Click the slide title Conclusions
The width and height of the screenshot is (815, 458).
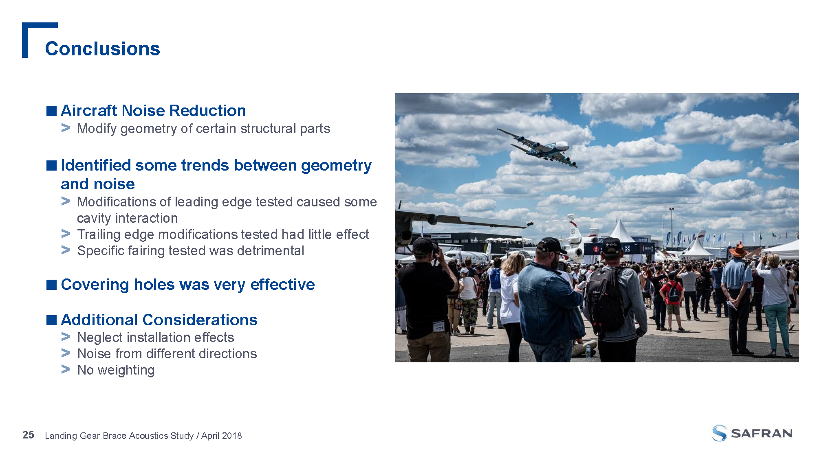pyautogui.click(x=102, y=48)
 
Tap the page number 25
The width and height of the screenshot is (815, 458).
pyautogui.click(x=28, y=435)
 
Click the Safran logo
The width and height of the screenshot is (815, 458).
pyautogui.click(x=752, y=433)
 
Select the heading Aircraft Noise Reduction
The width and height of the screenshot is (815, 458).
pyautogui.click(x=153, y=110)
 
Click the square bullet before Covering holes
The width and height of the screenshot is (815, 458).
pyautogui.click(x=51, y=285)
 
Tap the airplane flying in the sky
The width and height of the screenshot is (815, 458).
pyautogui.click(x=537, y=147)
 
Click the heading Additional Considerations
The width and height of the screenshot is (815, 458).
pyautogui.click(x=159, y=320)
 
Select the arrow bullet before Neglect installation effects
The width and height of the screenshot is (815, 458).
pyautogui.click(x=66, y=337)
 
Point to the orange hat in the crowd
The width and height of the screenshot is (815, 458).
pyautogui.click(x=738, y=250)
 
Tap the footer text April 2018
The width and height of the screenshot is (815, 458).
pyautogui.click(x=221, y=436)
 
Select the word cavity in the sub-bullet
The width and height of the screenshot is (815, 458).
pyautogui.click(x=95, y=218)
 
